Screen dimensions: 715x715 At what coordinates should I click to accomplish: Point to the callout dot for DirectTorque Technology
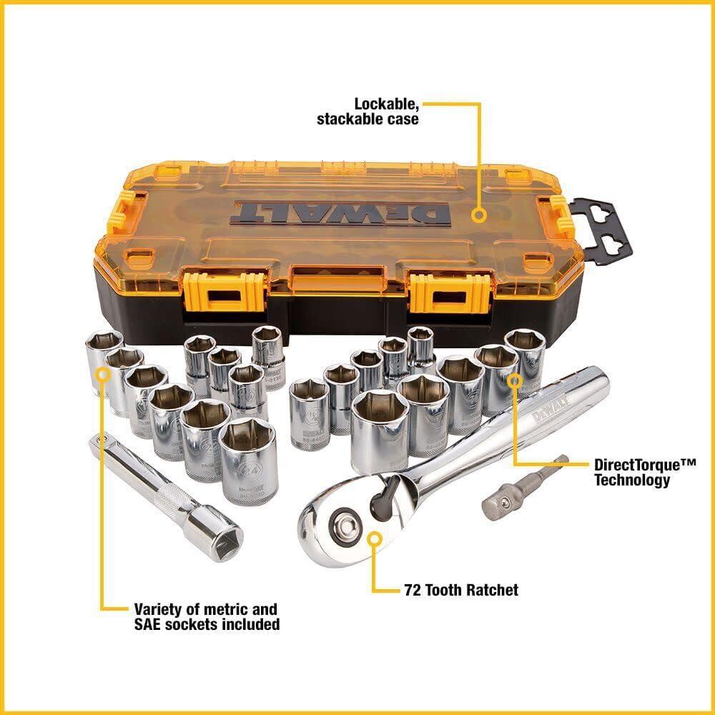point(513,379)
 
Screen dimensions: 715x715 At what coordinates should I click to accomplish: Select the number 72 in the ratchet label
point(408,590)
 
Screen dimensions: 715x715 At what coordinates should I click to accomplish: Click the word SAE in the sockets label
point(149,624)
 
